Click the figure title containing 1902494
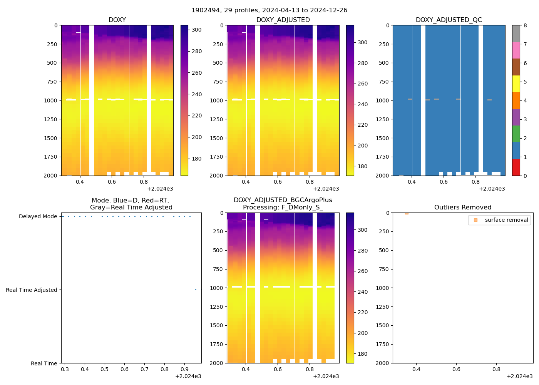point(269,10)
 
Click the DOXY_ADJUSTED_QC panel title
point(449,20)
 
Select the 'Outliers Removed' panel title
point(462,208)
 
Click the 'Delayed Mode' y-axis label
point(38,217)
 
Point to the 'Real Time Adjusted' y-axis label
point(32,290)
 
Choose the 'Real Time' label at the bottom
point(44,363)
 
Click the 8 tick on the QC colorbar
point(525,25)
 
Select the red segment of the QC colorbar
point(516,167)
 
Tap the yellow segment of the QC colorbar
point(516,84)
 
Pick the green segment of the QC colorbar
point(516,134)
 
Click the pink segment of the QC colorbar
point(516,50)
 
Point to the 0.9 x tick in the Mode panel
point(184,370)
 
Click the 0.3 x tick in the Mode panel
point(65,370)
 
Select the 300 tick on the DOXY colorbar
point(197,30)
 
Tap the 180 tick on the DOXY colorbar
point(197,159)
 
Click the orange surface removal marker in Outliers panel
point(407,213)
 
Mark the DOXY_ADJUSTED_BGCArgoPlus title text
point(283,200)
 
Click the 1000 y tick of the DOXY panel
point(50,100)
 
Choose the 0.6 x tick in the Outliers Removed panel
point(456,370)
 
